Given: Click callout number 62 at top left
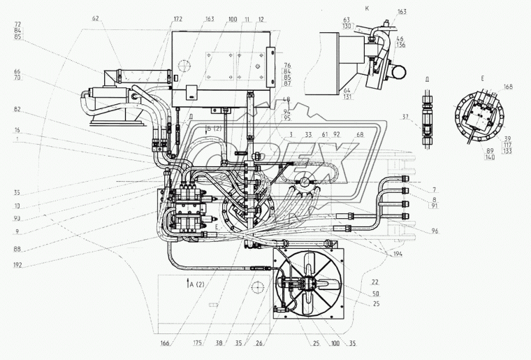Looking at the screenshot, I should pyautogui.click(x=96, y=18).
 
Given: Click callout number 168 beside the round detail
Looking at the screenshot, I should pyautogui.click(x=508, y=87).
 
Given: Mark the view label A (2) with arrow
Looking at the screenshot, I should pyautogui.click(x=195, y=285).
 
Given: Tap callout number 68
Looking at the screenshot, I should pyautogui.click(x=360, y=135).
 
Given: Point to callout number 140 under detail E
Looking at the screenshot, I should pyautogui.click(x=490, y=158).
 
